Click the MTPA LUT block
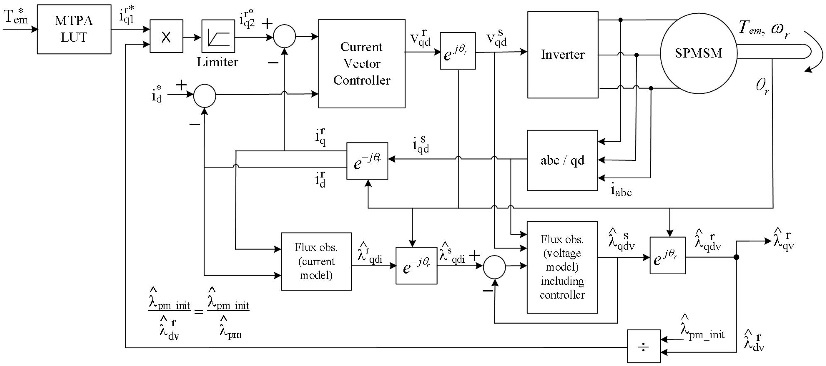74,29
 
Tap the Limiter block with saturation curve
218,36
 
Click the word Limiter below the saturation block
217,62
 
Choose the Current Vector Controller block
361,64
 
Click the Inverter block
562,55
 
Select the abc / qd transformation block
562,160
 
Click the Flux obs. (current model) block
316,261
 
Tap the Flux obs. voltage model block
562,267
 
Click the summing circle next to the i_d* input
205,95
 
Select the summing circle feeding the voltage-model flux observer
494,267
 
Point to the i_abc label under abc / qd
621,191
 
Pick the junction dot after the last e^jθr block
737,257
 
